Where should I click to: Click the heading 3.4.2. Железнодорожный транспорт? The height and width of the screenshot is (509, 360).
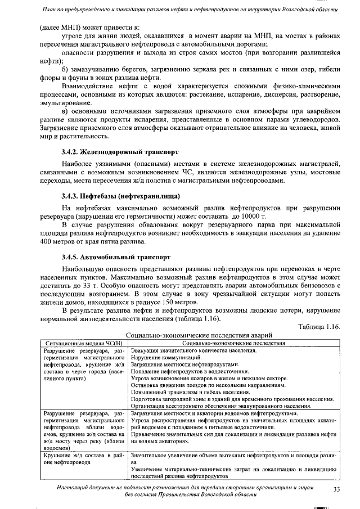[x=120, y=152]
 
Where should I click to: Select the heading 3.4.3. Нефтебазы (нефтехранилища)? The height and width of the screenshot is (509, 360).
[x=120, y=196]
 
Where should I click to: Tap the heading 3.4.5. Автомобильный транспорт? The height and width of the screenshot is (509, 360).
[x=116, y=257]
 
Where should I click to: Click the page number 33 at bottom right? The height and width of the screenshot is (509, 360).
[x=337, y=489]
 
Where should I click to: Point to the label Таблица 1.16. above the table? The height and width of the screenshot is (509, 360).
[x=319, y=327]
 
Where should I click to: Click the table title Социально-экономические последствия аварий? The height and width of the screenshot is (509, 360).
[x=195, y=335]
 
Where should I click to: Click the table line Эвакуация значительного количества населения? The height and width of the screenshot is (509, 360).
[x=193, y=350]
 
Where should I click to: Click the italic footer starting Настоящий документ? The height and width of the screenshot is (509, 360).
[x=186, y=489]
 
